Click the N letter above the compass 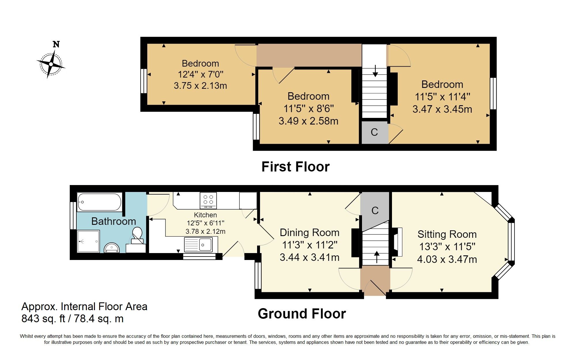[x=56, y=44]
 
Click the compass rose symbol [x=51, y=64]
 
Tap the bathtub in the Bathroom [x=99, y=202]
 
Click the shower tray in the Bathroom [x=88, y=241]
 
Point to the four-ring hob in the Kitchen [x=208, y=200]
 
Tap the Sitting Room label [x=447, y=234]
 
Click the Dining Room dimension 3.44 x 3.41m [x=309, y=257]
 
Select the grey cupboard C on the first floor [x=374, y=132]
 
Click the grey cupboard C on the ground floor [x=375, y=210]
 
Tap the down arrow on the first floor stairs [x=375, y=71]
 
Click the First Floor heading [x=295, y=167]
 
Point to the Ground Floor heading [x=301, y=314]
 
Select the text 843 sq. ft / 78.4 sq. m [x=72, y=319]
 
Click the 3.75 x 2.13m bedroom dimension [x=200, y=86]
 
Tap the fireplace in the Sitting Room [x=398, y=242]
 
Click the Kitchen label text [x=205, y=215]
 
